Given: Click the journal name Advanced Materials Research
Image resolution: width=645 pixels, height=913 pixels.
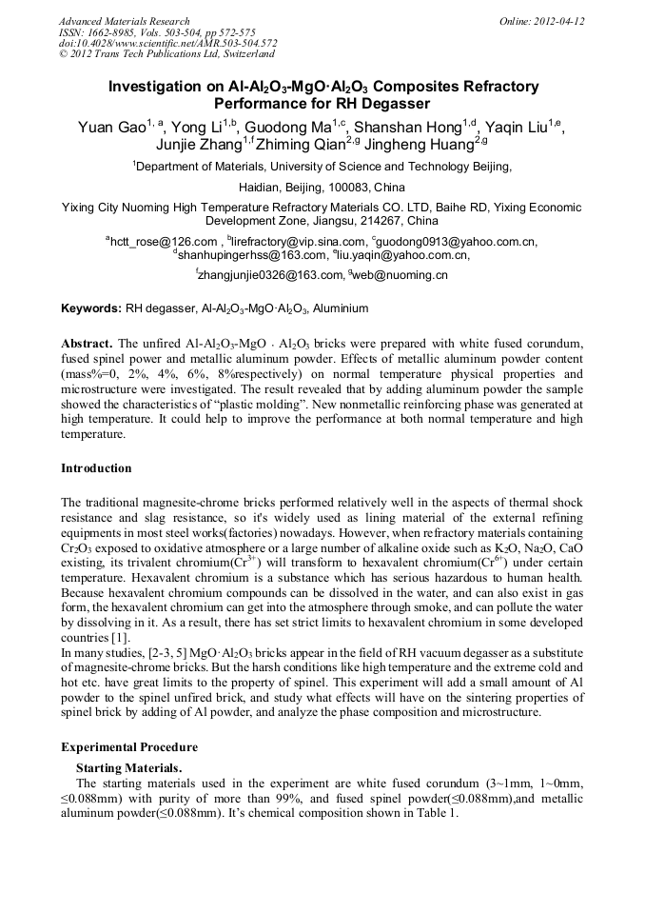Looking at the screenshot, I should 124,21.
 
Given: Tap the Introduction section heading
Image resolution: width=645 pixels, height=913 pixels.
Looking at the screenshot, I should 96,468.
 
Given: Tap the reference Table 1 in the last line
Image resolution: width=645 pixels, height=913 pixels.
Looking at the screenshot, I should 437,814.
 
